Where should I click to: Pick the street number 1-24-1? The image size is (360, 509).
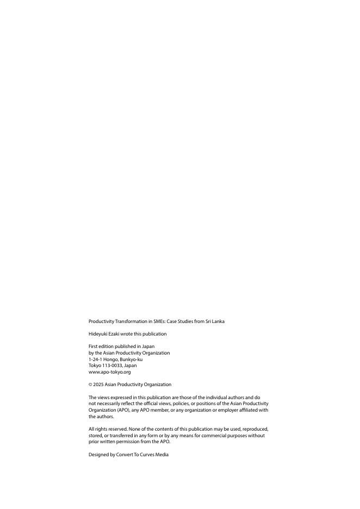95,359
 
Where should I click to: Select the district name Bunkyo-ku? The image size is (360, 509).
131,359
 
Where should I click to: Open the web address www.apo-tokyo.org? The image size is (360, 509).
109,372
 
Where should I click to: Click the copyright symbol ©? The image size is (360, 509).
90,384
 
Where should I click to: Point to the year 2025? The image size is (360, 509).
98,384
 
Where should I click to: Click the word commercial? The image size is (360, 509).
220,436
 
